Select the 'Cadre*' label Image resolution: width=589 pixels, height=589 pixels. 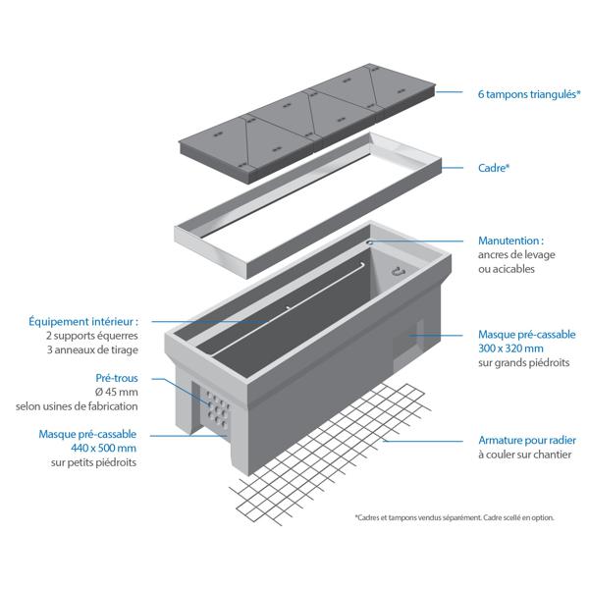[x=493, y=168]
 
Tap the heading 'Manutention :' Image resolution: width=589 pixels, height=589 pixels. [x=510, y=240]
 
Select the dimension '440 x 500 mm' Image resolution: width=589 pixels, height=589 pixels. [x=101, y=447]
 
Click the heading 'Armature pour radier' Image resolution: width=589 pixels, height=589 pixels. [x=528, y=442]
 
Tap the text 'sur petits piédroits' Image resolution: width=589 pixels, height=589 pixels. [x=93, y=461]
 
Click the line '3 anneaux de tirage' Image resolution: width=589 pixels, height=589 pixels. [x=92, y=349]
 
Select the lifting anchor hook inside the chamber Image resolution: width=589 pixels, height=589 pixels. [x=398, y=272]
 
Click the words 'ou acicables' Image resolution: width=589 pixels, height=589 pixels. [x=506, y=269]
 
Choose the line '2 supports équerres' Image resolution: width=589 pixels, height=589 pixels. [x=93, y=335]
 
